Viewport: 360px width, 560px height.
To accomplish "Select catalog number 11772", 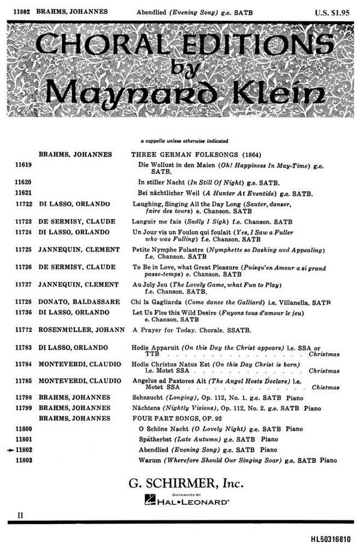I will [23, 330].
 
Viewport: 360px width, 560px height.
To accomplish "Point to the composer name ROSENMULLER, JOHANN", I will [82, 330].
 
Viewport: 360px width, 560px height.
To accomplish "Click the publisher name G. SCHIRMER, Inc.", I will [180, 481].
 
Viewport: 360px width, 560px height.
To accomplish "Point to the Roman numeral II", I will [20, 514].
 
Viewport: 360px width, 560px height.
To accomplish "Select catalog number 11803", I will [23, 460].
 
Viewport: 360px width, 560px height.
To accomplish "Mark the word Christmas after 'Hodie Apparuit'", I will [323, 354].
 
